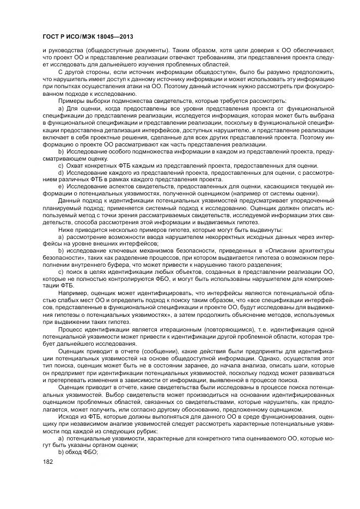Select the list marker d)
(x=62, y=173)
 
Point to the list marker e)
(x=62, y=187)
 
